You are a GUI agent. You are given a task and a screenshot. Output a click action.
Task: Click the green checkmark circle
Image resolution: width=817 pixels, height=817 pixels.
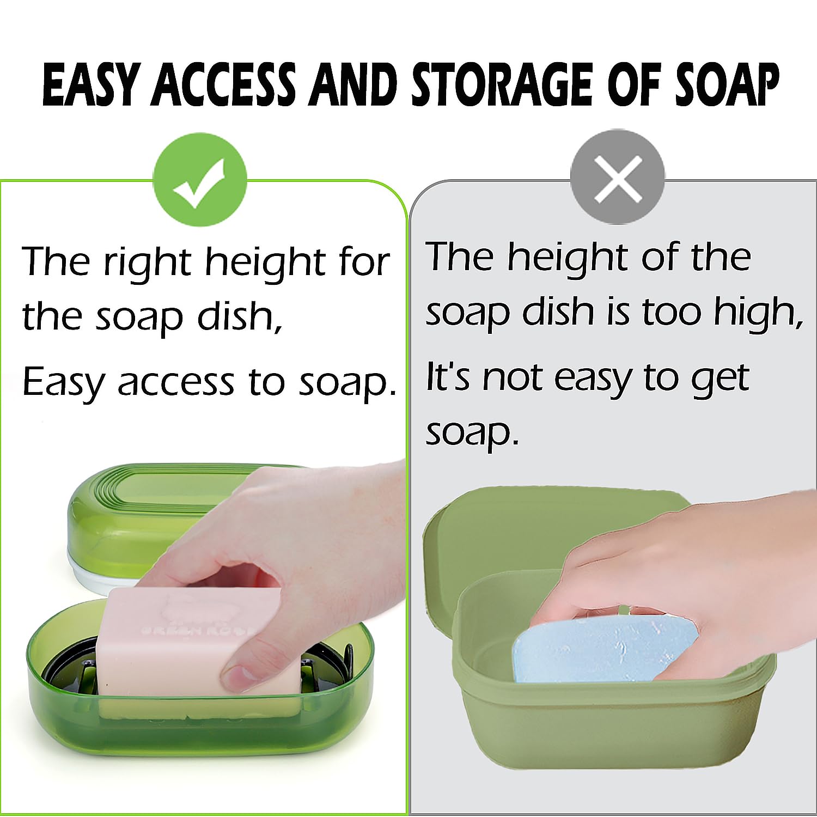pyautogui.click(x=199, y=180)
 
